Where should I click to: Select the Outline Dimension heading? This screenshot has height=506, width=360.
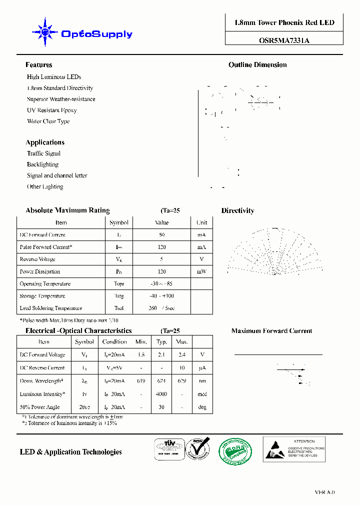pos(257,65)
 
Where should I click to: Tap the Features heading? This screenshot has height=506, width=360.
pos(38,65)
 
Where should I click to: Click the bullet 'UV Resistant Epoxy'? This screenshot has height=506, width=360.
pos(52,110)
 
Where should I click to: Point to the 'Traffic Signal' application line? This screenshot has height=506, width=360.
pos(43,153)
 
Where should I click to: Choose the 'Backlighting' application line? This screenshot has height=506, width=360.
pos(42,164)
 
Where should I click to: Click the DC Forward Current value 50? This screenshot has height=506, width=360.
pos(161,235)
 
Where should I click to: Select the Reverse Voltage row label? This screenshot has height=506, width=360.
pos(37,259)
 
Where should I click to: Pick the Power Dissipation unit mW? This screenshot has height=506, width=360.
pos(201,272)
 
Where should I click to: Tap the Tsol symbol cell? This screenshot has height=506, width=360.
pos(119,308)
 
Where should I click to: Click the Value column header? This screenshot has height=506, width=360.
pos(161,222)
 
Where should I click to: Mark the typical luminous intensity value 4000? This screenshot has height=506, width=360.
pos(161,394)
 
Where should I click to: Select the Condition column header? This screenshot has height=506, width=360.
pos(114,342)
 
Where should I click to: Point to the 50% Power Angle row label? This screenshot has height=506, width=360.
pos(39,407)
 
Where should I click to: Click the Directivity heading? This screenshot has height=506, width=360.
pos(237,211)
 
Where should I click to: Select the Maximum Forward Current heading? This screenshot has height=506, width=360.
pos(271,331)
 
